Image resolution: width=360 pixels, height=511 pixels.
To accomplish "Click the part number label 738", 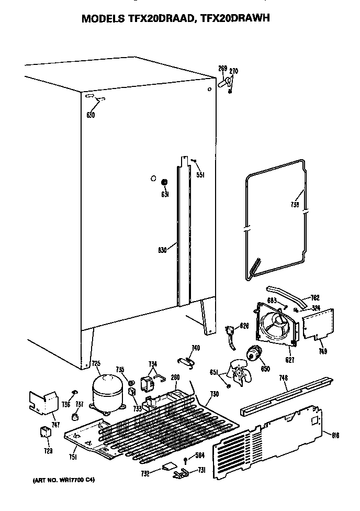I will pos(295,206).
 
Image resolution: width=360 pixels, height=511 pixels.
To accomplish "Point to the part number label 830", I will pos(163,250).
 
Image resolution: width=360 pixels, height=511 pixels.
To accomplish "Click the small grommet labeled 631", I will pos(164,182).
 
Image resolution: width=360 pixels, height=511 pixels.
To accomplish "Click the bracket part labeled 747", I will pos(43,403).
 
